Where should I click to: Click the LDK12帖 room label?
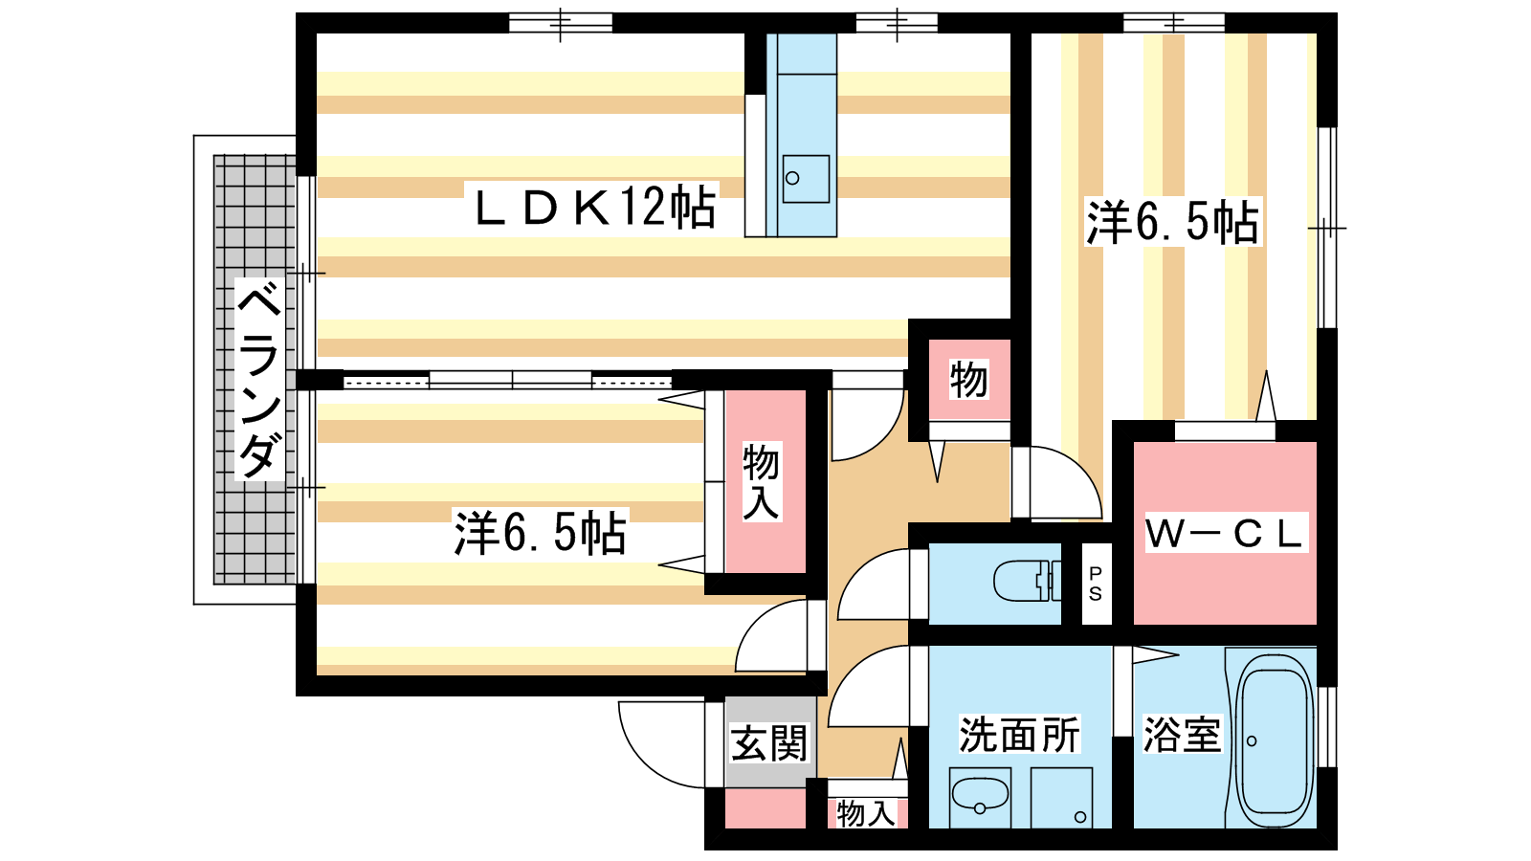594,207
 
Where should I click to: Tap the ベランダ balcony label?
259,379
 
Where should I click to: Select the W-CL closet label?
1225,534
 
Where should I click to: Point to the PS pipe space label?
1096,584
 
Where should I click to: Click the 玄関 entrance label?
769,743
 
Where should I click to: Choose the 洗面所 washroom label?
1019,735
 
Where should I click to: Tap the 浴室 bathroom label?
1182,735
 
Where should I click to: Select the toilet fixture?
1024,581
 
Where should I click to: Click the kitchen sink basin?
805,179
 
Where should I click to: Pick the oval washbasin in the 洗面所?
980,795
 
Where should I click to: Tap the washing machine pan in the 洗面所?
1061,797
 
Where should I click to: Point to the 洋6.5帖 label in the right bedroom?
1172,222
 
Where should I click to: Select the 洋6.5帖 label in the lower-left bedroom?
541,533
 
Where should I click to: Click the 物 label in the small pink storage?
968,380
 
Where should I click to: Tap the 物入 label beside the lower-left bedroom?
762,481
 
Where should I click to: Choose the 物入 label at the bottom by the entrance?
866,813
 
